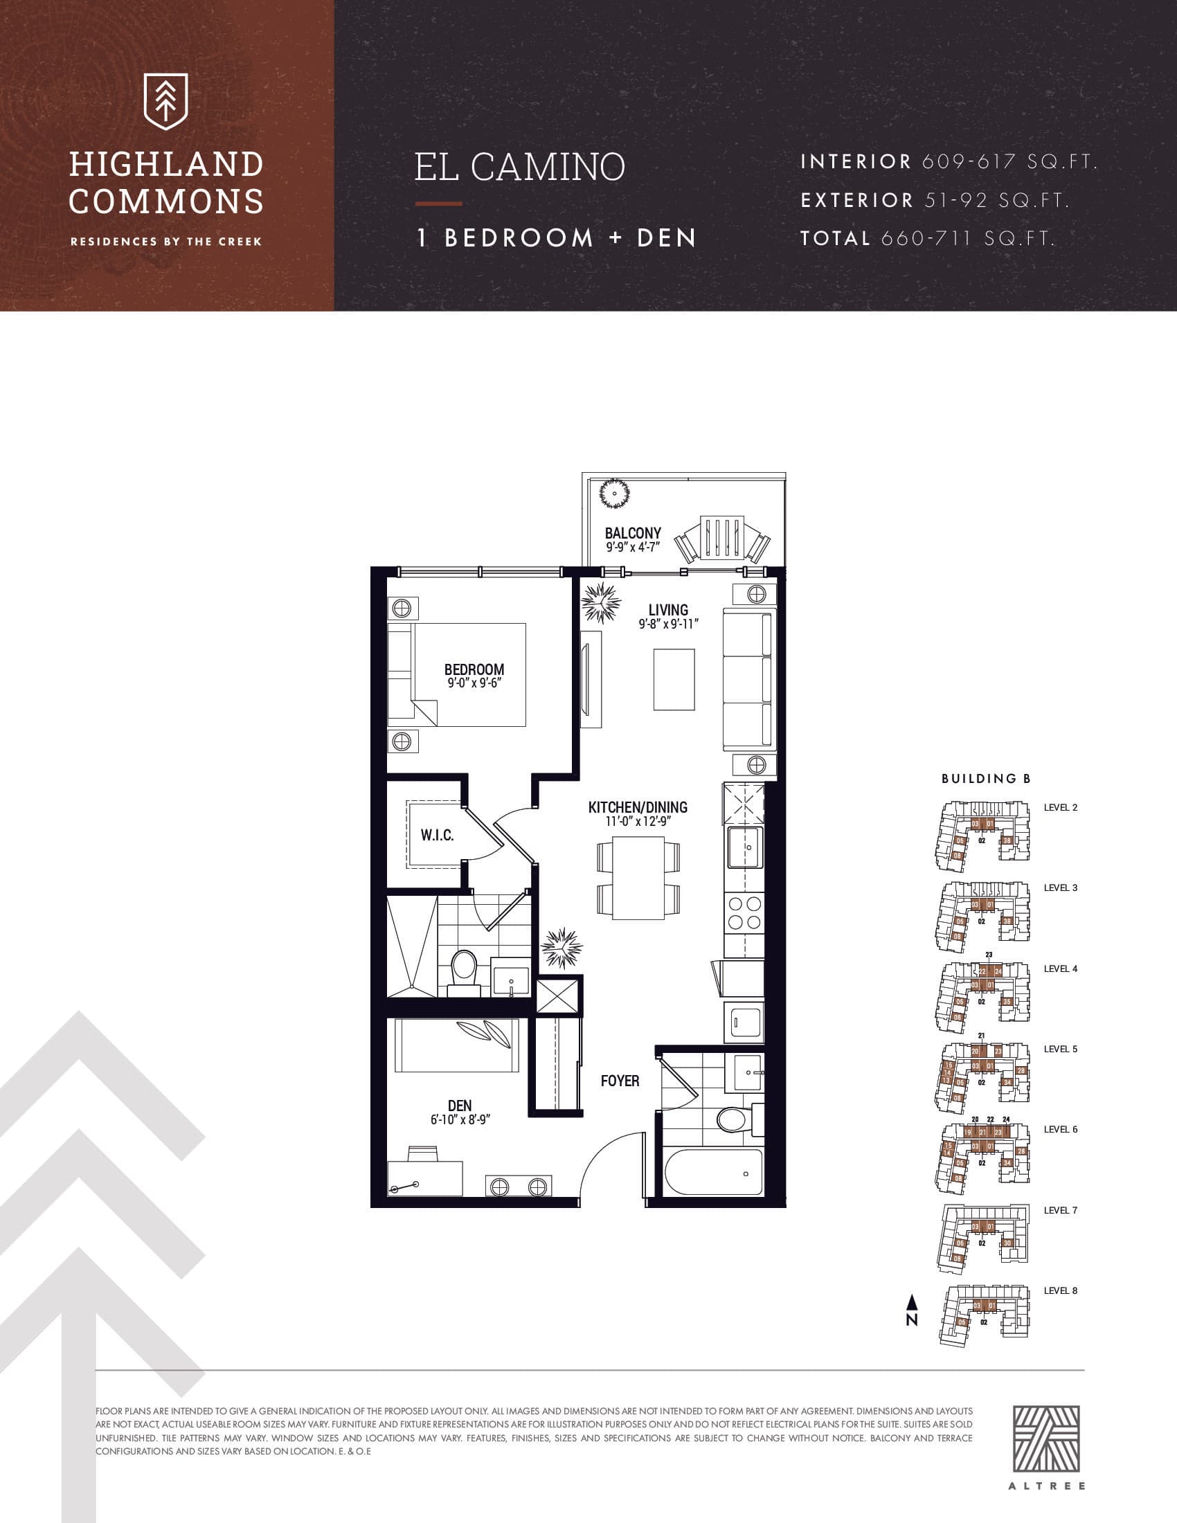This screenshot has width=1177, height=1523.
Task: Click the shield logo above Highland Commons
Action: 165,102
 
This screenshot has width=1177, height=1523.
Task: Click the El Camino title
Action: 519,168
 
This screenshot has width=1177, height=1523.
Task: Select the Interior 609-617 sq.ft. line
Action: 949,162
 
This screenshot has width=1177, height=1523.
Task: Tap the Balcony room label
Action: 632,534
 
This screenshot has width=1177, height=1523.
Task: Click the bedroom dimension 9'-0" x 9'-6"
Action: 474,683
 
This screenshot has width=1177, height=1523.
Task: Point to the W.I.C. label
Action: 437,835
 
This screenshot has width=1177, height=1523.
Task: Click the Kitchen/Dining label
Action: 637,806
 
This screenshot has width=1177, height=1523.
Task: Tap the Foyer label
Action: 620,1081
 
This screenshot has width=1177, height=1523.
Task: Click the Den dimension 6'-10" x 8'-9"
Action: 460,1120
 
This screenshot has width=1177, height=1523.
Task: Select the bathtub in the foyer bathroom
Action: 713,1172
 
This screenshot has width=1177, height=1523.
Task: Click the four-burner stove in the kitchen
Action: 744,913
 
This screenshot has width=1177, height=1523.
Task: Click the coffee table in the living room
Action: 674,680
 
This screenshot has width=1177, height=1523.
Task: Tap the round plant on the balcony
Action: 614,494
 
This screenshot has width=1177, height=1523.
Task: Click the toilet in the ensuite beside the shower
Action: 464,972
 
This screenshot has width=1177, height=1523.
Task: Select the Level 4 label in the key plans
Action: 1060,968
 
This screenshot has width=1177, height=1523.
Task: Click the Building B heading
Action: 985,778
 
